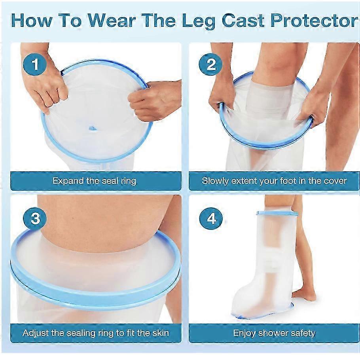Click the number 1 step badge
(x=35, y=64)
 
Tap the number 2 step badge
(x=210, y=64)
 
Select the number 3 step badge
(x=35, y=218)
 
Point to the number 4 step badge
(x=211, y=218)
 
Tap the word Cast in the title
(x=244, y=21)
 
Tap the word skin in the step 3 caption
(x=159, y=333)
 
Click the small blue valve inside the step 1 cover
(x=92, y=128)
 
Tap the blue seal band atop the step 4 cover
(x=277, y=213)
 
